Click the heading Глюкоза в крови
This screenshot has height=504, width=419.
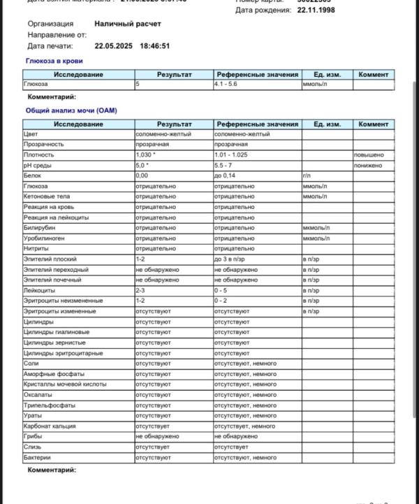(54, 62)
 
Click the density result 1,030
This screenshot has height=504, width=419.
(147, 155)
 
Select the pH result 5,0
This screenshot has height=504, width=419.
(142, 165)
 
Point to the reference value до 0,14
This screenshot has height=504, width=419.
(226, 175)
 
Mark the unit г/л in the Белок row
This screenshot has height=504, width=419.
(307, 175)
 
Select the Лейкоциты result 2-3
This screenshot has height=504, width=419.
(140, 290)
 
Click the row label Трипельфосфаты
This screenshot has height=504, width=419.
(48, 405)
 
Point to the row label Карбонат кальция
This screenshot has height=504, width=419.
(50, 426)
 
